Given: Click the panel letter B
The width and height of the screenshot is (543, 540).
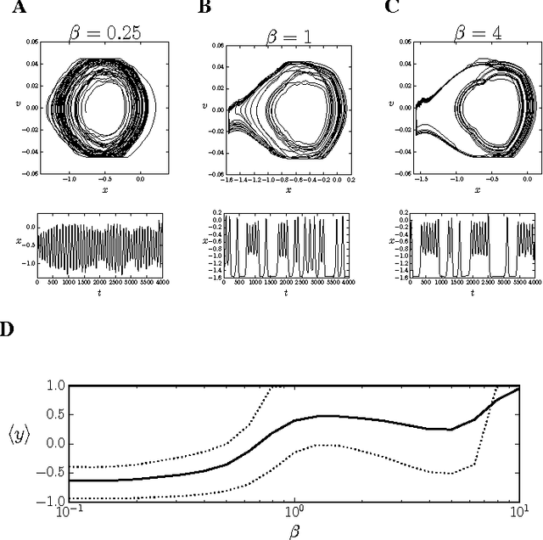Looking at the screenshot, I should [x=204, y=8].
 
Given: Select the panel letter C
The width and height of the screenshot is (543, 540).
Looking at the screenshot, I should [x=391, y=8].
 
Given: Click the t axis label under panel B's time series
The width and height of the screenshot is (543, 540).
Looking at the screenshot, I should [x=285, y=293].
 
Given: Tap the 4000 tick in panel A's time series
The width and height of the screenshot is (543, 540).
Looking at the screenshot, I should [x=160, y=282].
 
